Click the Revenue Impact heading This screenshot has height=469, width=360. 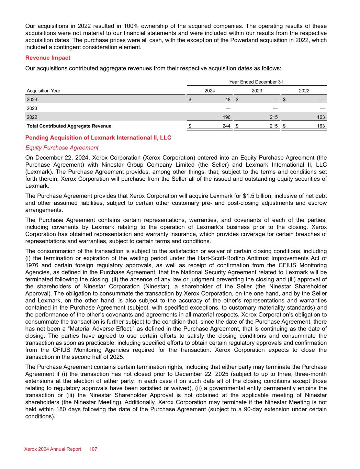click(x=48, y=58)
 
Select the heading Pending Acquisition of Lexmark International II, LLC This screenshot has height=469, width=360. click(x=98, y=138)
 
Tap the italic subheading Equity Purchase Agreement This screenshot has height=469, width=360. click(x=62, y=148)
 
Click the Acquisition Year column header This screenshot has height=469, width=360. click(x=44, y=91)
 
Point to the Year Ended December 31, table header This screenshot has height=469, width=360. click(x=257, y=82)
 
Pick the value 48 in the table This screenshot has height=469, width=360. click(x=228, y=100)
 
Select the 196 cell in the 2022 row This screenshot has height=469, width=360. click(x=226, y=117)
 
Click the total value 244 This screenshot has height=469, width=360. click(x=226, y=126)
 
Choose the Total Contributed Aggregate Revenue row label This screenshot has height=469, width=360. click(x=69, y=126)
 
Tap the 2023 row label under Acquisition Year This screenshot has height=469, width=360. click(x=32, y=109)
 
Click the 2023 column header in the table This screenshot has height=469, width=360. click(x=257, y=91)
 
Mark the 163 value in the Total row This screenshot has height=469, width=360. click(x=321, y=126)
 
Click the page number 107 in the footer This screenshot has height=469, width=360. click(x=93, y=449)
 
